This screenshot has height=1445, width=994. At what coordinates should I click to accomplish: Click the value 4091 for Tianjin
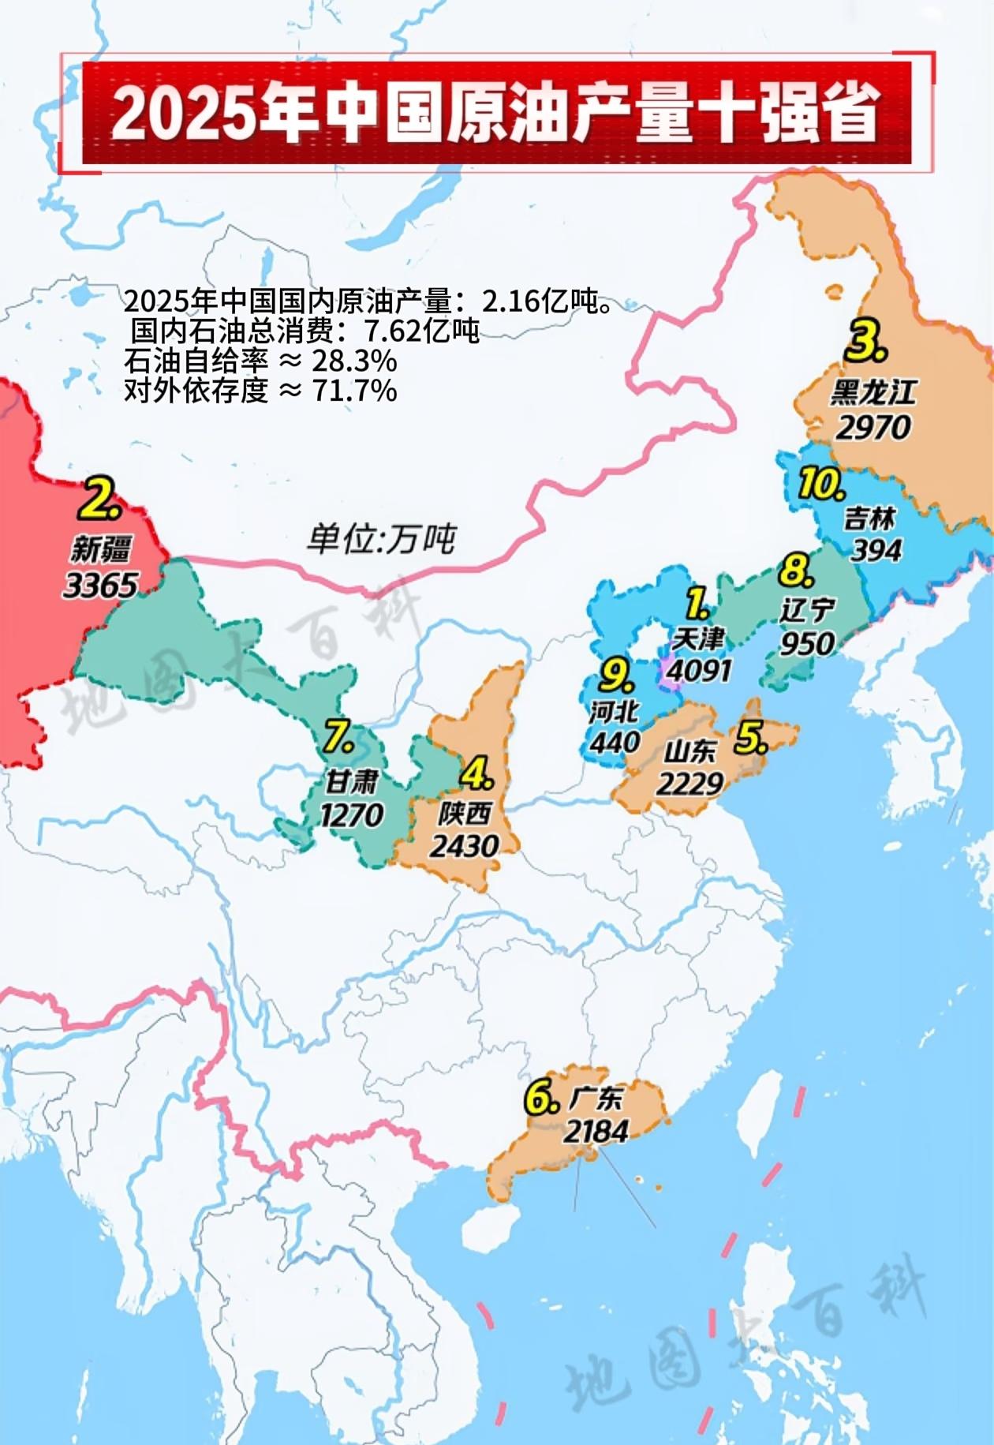pyautogui.click(x=699, y=670)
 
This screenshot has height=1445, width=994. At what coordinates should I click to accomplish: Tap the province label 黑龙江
pyautogui.click(x=873, y=392)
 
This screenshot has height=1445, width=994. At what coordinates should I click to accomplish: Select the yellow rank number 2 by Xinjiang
pyautogui.click(x=102, y=497)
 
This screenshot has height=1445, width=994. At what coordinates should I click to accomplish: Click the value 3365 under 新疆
pyautogui.click(x=100, y=585)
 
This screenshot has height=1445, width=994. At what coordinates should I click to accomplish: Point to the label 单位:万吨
pyautogui.click(x=382, y=539)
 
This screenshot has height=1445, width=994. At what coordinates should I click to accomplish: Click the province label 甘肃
pyautogui.click(x=353, y=781)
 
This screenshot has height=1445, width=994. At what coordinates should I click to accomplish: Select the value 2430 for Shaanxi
pyautogui.click(x=464, y=846)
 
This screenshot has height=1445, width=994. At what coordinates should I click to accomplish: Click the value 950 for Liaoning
pyautogui.click(x=807, y=643)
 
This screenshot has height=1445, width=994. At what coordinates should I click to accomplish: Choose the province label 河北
pyautogui.click(x=614, y=712)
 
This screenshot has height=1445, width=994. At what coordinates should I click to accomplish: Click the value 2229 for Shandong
pyautogui.click(x=689, y=783)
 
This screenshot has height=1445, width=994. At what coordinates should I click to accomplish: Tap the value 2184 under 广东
pyautogui.click(x=596, y=1131)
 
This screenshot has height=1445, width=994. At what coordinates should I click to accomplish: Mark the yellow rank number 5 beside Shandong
pyautogui.click(x=749, y=739)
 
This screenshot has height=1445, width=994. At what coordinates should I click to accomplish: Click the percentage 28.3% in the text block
pyautogui.click(x=354, y=361)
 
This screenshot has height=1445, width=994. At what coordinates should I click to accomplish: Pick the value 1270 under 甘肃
pyautogui.click(x=352, y=814)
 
